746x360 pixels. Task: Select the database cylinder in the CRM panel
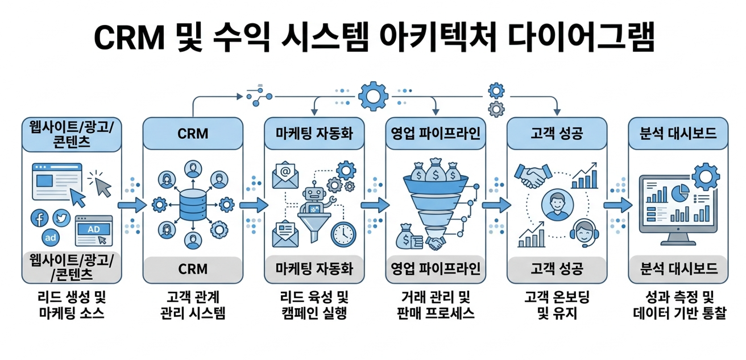click(193, 204)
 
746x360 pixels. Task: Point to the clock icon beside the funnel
click(343, 234)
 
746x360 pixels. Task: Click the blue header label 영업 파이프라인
click(435, 134)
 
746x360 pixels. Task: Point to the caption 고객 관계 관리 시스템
click(193, 305)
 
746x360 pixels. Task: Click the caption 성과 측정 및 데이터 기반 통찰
click(679, 305)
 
